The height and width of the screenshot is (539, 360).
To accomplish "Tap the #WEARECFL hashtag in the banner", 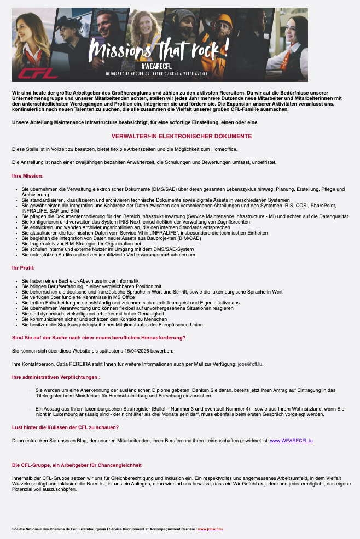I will coord(157,66).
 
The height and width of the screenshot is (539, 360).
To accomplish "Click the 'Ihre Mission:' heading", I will coord(27,176).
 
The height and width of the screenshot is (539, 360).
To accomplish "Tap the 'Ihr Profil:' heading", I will coord(24,267).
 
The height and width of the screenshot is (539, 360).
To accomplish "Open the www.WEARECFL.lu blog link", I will coord(292,440).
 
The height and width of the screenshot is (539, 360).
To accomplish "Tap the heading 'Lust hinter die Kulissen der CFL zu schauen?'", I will coord(66,427).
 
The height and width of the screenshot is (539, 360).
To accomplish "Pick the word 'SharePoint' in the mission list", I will coord(315,205).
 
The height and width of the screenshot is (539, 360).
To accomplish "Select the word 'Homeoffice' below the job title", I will coord(224,149).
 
